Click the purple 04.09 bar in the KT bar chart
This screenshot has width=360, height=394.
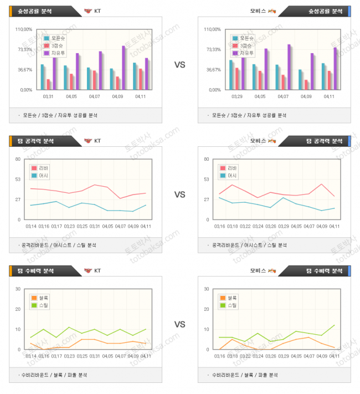click(x=124, y=67)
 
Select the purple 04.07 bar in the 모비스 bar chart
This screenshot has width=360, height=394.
click(x=289, y=66)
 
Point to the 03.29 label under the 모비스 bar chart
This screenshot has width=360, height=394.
click(x=236, y=96)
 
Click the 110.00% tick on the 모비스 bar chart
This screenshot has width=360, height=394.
click(x=212, y=29)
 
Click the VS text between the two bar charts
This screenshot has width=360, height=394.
click(x=179, y=65)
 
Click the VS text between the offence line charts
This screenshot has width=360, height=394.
click(x=179, y=195)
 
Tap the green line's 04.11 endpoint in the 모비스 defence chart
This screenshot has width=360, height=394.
click(x=335, y=325)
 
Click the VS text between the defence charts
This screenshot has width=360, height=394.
click(x=179, y=324)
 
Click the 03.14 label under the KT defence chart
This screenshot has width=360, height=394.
click(x=31, y=356)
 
